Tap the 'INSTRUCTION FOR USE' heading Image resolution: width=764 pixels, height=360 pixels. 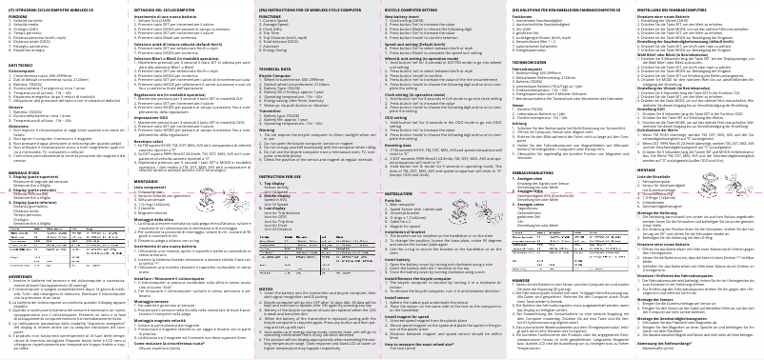[x=282, y=177]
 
